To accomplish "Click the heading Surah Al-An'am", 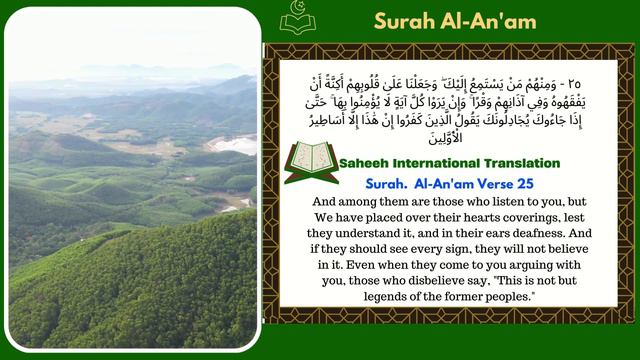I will tap(454, 20).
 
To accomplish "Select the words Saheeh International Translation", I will tap(450, 162).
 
